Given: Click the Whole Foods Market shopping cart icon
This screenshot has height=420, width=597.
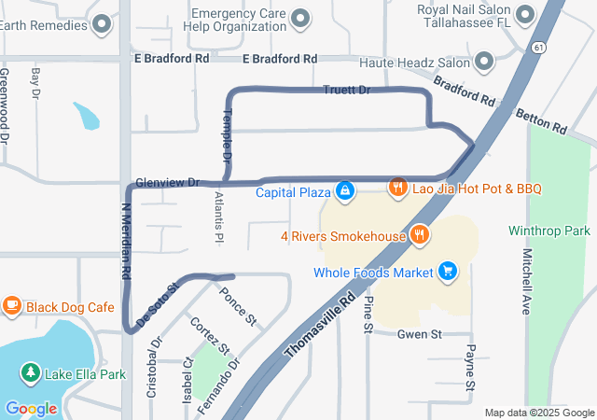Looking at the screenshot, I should (x=449, y=272).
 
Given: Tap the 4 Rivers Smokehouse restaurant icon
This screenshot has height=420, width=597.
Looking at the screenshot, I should (x=420, y=236).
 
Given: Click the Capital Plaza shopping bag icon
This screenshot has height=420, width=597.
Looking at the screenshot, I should (x=345, y=192).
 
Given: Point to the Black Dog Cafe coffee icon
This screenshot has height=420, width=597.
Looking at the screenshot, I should (x=12, y=305).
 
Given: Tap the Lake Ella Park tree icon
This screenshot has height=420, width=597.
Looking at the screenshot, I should (x=31, y=374).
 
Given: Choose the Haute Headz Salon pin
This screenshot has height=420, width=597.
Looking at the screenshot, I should (x=484, y=63).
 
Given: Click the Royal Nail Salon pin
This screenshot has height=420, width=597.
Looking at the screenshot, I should (x=523, y=14).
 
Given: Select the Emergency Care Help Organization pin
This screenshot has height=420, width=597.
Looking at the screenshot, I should (x=300, y=17).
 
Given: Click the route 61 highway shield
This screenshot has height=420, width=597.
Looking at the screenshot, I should (x=541, y=46).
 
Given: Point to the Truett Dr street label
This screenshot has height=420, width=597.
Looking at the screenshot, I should (x=346, y=91).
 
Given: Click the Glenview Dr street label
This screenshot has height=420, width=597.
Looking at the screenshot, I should (x=168, y=182).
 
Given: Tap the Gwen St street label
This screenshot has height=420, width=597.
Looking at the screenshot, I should (x=419, y=334).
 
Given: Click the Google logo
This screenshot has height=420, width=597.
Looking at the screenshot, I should (x=31, y=408).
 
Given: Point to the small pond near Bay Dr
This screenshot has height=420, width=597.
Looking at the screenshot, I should (x=86, y=116).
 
